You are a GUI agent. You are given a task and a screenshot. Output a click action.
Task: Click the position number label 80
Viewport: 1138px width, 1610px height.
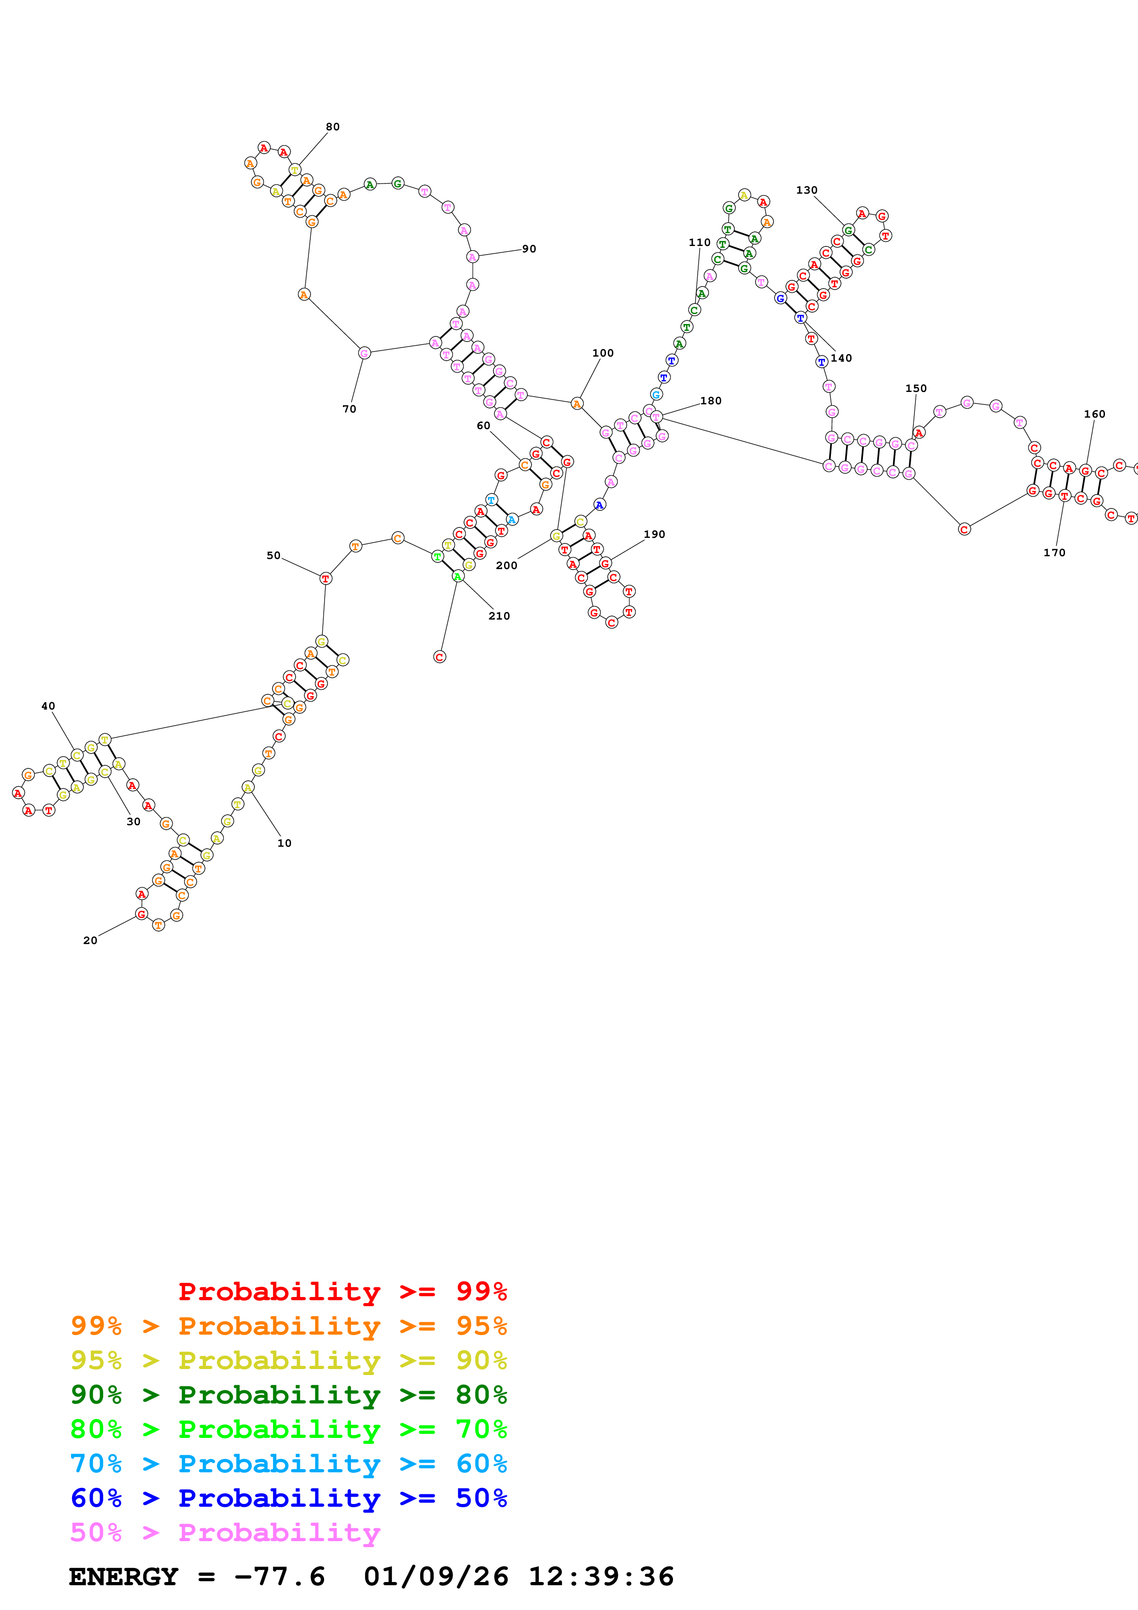click(x=332, y=127)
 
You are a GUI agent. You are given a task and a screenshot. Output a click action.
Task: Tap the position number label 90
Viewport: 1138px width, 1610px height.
click(x=529, y=249)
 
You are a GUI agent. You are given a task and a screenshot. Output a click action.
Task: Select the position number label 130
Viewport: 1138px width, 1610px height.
click(x=807, y=190)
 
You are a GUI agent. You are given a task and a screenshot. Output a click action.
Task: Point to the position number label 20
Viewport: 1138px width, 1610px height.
click(x=90, y=940)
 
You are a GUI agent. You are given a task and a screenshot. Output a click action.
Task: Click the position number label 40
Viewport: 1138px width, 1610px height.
click(x=48, y=706)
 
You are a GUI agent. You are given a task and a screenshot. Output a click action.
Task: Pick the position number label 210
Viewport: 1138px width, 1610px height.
click(x=499, y=615)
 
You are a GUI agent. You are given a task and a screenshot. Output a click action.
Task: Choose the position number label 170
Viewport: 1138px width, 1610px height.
click(x=1054, y=553)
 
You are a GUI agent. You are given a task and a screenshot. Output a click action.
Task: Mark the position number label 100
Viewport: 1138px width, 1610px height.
click(x=603, y=353)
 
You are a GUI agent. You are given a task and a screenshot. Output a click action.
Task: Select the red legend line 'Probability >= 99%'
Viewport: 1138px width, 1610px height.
click(x=342, y=1291)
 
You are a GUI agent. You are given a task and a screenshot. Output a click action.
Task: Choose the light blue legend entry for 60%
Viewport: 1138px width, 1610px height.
click(x=288, y=1464)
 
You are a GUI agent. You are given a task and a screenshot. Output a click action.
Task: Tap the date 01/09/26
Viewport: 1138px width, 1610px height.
click(x=436, y=1576)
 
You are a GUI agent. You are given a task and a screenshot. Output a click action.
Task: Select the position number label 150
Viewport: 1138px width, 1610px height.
click(x=916, y=388)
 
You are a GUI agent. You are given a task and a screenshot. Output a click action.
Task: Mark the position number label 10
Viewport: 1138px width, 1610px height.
click(x=284, y=843)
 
